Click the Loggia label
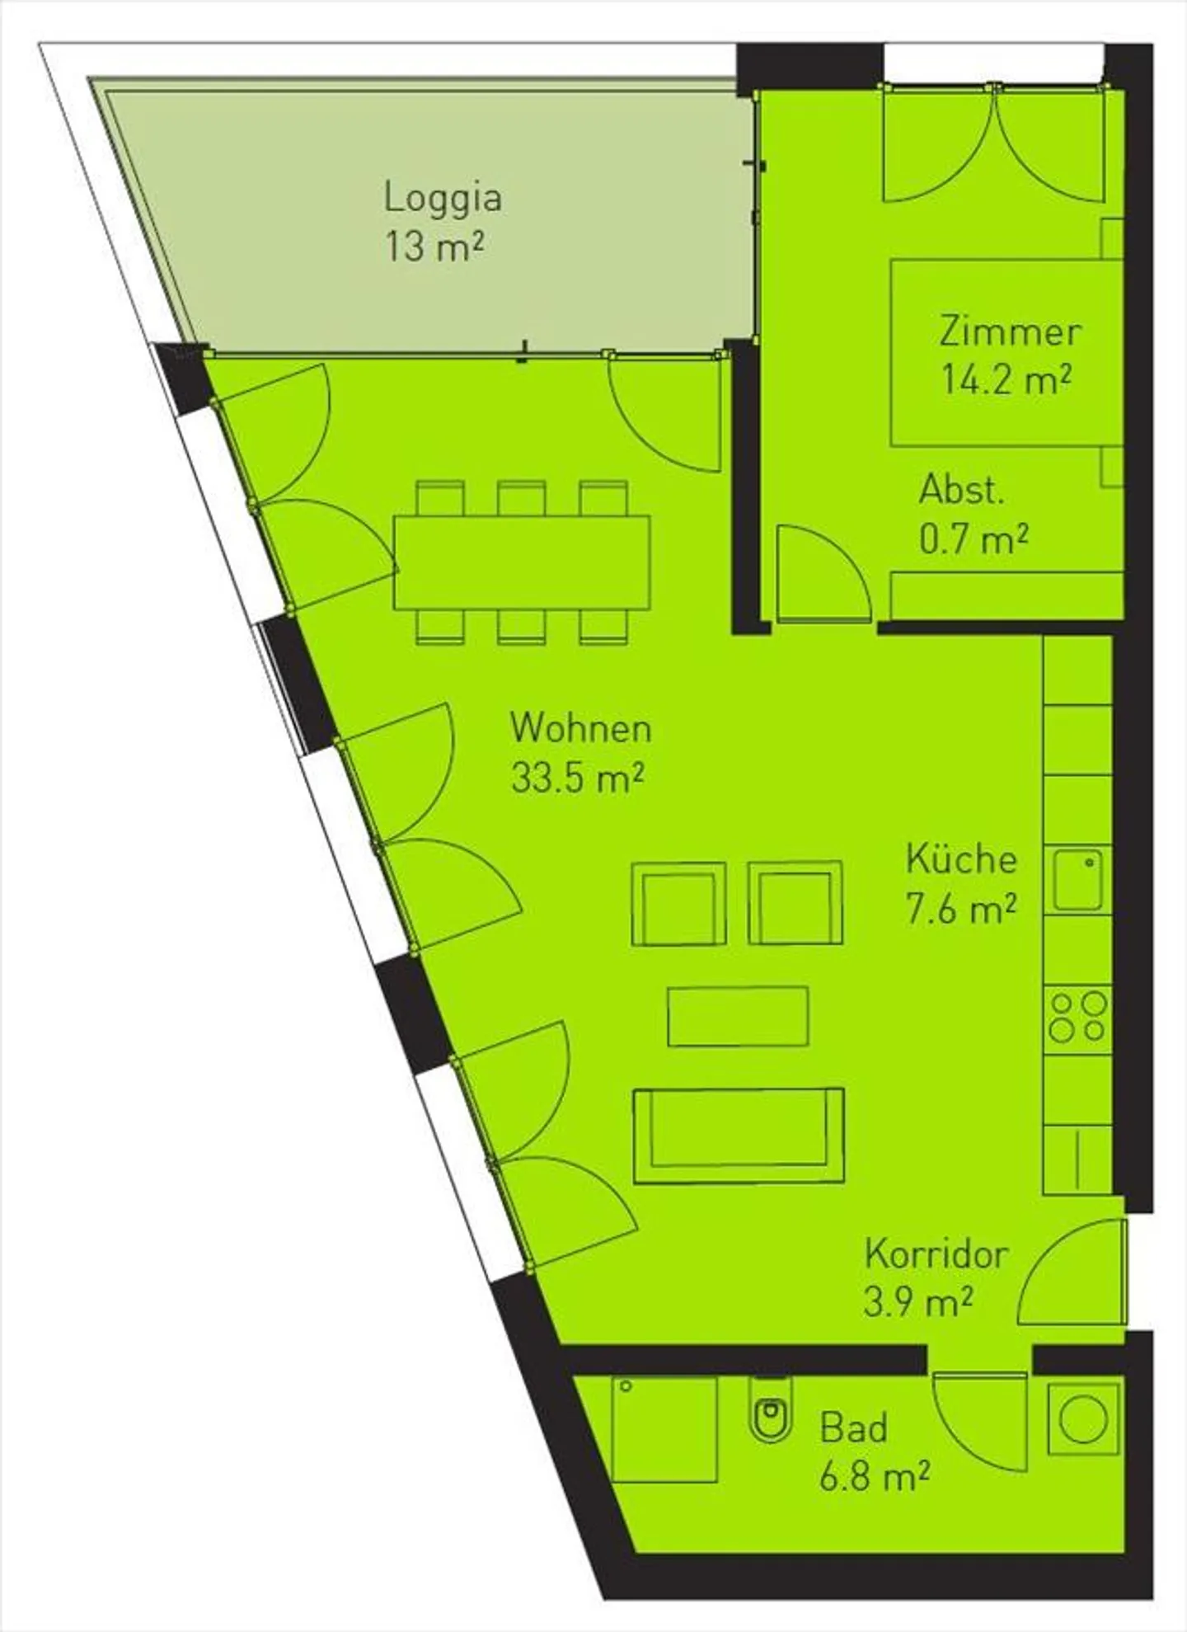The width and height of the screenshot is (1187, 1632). click(x=443, y=199)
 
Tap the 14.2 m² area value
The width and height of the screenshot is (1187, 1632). click(x=1006, y=380)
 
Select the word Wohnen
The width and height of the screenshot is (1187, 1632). click(x=580, y=728)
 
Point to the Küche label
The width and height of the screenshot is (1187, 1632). click(x=961, y=859)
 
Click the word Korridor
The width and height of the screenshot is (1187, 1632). click(x=936, y=1255)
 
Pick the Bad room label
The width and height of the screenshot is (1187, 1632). click(x=853, y=1428)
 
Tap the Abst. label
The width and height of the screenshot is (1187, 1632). click(x=962, y=491)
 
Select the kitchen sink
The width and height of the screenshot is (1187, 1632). click(x=1077, y=881)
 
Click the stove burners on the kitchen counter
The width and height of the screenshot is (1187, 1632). click(x=1077, y=1017)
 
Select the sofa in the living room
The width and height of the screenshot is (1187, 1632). click(x=739, y=1136)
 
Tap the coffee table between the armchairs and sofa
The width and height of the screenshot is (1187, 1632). click(x=738, y=1016)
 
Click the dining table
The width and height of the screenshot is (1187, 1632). click(x=522, y=562)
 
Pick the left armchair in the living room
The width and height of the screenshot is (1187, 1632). click(x=678, y=904)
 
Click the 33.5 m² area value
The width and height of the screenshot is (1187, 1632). click(x=577, y=778)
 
